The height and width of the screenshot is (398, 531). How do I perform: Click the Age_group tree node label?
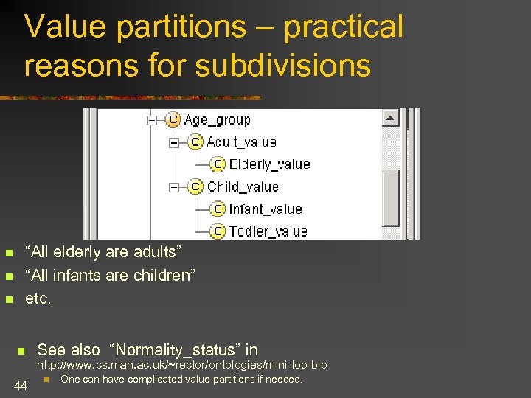217,120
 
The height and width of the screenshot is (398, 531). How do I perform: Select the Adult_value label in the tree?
241,142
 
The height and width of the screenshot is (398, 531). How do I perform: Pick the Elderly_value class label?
269,164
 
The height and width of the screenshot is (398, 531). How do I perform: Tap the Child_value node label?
243,186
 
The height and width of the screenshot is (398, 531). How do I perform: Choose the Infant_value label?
265,209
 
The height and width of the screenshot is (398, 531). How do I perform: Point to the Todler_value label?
268,231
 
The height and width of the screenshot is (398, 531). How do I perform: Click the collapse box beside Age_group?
151,120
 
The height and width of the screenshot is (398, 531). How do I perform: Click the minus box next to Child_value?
173,187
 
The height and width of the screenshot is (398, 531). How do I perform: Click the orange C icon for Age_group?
173,119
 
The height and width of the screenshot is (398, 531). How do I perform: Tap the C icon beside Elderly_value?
218,164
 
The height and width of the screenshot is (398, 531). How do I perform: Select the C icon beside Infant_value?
218,209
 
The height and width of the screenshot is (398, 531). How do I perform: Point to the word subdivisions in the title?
283,65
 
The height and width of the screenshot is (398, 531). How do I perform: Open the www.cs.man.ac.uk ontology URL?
182,365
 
